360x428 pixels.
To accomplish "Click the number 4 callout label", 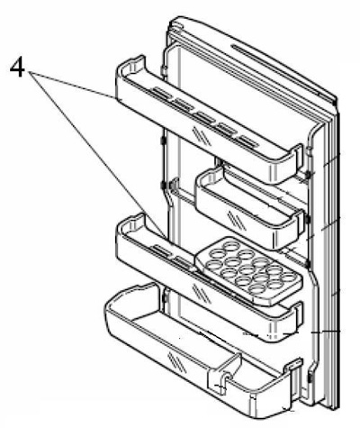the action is pyautogui.click(x=17, y=67).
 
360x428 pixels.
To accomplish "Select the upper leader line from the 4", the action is pyautogui.click(x=72, y=86).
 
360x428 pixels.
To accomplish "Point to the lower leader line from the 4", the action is pyautogui.click(x=97, y=155).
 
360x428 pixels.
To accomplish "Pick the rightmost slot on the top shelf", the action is pyautogui.click(x=248, y=141).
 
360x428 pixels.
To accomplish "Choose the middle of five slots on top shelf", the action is pyautogui.click(x=205, y=117).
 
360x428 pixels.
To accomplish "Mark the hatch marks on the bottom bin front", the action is pyautogui.click(x=176, y=361).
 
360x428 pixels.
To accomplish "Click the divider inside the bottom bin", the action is pyautogui.click(x=223, y=371).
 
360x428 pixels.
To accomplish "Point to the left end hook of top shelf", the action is pyautogui.click(x=130, y=65).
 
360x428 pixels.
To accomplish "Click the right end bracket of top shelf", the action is pyautogui.click(x=298, y=159).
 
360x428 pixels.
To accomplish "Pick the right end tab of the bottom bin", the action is pyautogui.click(x=292, y=366).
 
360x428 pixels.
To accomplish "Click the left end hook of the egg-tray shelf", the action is pyautogui.click(x=130, y=223).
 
